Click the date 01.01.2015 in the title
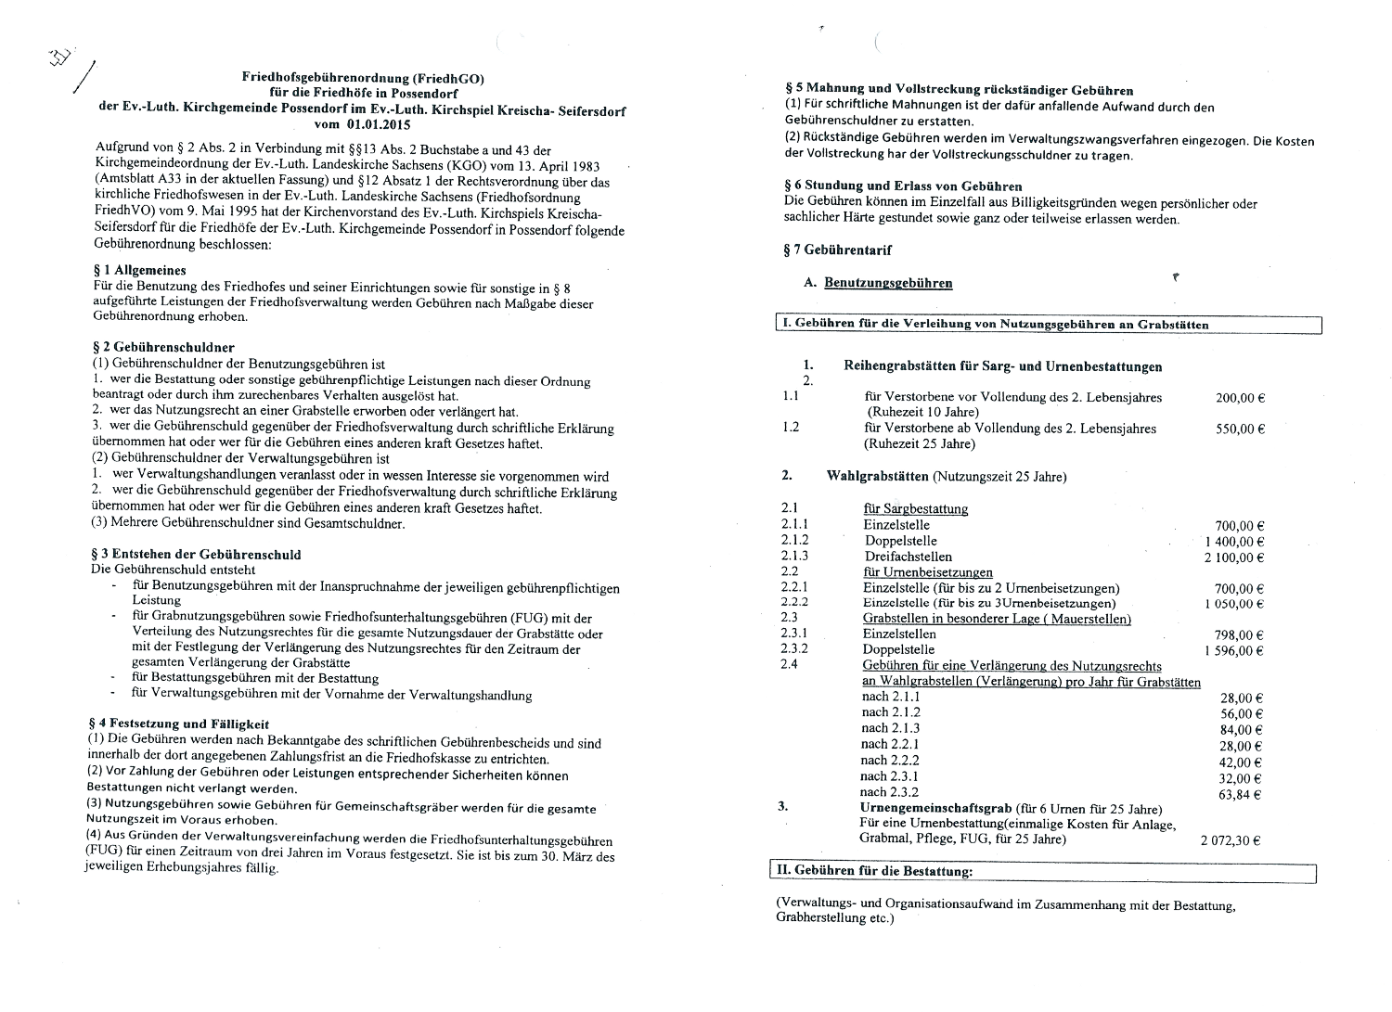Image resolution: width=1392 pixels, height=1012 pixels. click(x=379, y=124)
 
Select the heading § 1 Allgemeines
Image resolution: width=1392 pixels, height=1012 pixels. click(x=140, y=271)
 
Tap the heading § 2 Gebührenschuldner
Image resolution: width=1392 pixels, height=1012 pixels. click(x=163, y=348)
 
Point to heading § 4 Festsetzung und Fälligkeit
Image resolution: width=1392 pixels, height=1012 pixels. click(x=178, y=724)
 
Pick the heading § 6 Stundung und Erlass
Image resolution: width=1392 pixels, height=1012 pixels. click(x=903, y=186)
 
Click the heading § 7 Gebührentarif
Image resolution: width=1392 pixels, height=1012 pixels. click(x=838, y=250)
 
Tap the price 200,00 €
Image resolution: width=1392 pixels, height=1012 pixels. click(x=1240, y=398)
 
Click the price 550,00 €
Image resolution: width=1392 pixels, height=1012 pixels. click(x=1240, y=429)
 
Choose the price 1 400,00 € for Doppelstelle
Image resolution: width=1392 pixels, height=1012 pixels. click(x=1234, y=542)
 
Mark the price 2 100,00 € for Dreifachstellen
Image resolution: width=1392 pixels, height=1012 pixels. click(x=1234, y=557)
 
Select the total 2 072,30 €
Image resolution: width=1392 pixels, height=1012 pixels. click(x=1231, y=841)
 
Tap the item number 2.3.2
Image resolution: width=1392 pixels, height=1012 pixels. click(x=794, y=649)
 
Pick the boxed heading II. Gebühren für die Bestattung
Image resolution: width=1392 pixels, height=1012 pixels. click(x=874, y=872)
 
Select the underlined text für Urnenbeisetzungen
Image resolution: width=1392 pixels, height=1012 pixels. click(x=927, y=572)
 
